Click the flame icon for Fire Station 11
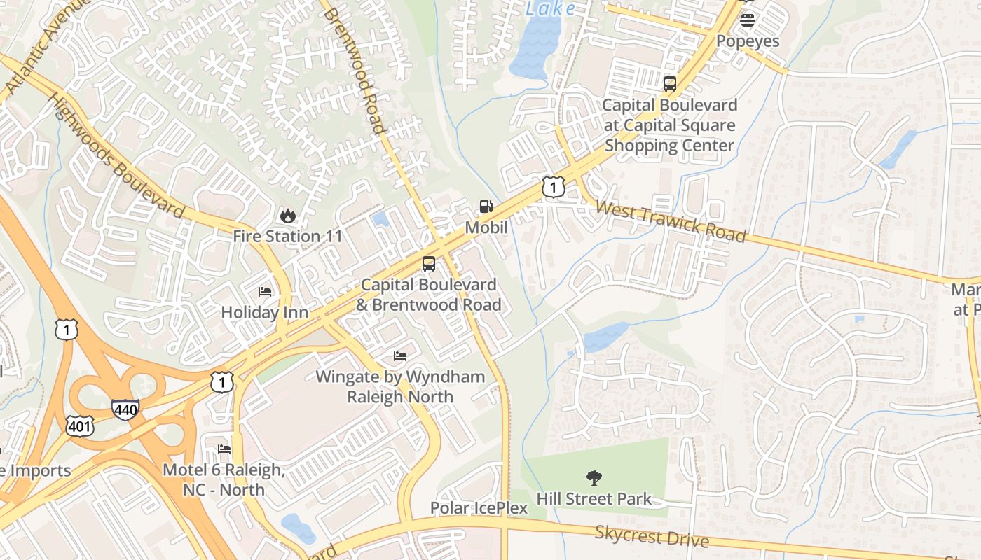(287, 216)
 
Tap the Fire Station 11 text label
(287, 237)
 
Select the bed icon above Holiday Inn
(265, 291)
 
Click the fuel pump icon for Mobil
(486, 206)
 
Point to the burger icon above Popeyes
(748, 20)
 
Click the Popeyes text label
(748, 41)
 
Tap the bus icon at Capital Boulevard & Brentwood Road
(429, 264)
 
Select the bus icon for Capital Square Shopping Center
(670, 84)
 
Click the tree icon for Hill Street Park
(594, 478)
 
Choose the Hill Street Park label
(594, 499)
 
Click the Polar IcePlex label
(479, 508)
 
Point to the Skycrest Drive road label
(652, 536)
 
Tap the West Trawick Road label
(671, 221)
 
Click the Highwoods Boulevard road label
(116, 155)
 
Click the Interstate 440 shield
(125, 409)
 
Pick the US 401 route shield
(80, 426)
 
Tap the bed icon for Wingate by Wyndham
(400, 356)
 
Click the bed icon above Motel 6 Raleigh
(224, 449)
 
